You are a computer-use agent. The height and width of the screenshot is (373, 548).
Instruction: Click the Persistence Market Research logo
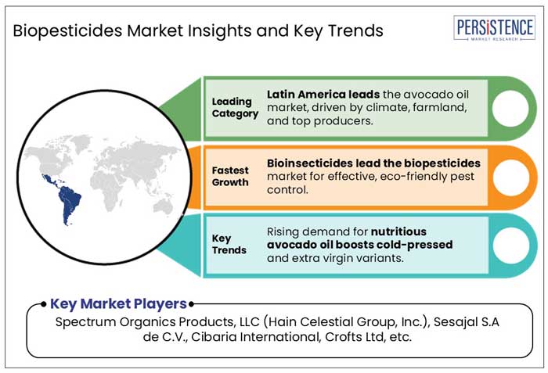coord(494,28)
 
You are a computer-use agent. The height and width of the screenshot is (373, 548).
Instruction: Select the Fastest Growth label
coord(230,176)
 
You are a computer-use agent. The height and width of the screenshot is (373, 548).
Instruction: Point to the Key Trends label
coord(229,244)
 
